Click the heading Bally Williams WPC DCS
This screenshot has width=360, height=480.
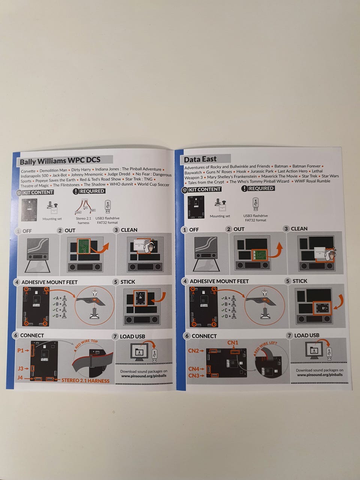tap(60, 161)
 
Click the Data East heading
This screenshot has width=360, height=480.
tap(200, 159)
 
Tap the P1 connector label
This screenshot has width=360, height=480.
tap(21, 350)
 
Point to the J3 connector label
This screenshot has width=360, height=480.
tap(21, 369)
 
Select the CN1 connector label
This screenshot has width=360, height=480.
tap(232, 343)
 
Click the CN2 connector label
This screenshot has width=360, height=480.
tap(193, 351)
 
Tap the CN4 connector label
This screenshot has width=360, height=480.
tap(193, 369)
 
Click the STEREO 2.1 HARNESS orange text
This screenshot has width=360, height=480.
tap(85, 380)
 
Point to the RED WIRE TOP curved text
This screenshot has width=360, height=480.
tap(86, 344)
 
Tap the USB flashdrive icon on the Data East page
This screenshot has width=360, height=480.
tap(256, 204)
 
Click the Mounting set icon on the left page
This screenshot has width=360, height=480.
tap(52, 208)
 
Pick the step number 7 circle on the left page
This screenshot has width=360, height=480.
tap(115, 336)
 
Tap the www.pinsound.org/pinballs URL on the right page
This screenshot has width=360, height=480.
tap(319, 375)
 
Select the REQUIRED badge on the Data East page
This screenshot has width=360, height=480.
tap(258, 188)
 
